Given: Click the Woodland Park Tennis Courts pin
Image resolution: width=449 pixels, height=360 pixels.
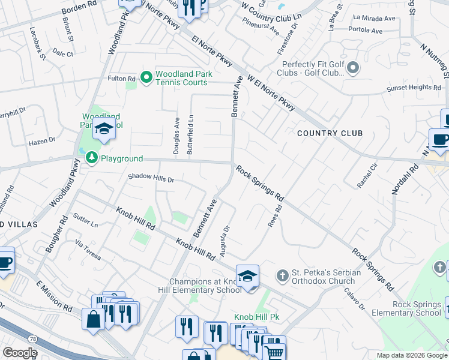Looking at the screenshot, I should (146, 77).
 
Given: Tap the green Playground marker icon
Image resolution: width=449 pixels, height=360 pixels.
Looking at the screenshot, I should (91, 158).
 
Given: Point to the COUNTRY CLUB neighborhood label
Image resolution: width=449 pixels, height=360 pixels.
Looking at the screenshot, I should (330, 133).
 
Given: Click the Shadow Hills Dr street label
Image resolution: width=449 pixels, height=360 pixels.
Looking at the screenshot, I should (151, 179).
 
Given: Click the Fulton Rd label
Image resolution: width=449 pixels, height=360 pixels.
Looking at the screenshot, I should (122, 79).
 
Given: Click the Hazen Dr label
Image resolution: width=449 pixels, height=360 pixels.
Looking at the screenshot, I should (42, 142).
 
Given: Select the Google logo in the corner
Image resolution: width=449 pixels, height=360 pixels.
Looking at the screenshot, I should (20, 353).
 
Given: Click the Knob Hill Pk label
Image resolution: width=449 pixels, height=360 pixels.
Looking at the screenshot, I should (258, 316).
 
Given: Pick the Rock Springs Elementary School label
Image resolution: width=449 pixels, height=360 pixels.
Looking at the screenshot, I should (406, 308).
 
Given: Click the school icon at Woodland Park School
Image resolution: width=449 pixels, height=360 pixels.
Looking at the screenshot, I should (104, 129).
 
